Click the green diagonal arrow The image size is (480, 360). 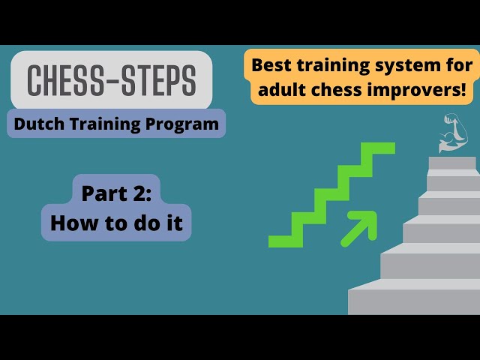tap(359, 228)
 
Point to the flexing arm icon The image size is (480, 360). tap(453, 132)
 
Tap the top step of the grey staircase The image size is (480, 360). tap(452, 163)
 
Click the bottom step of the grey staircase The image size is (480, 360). tap(413, 301)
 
